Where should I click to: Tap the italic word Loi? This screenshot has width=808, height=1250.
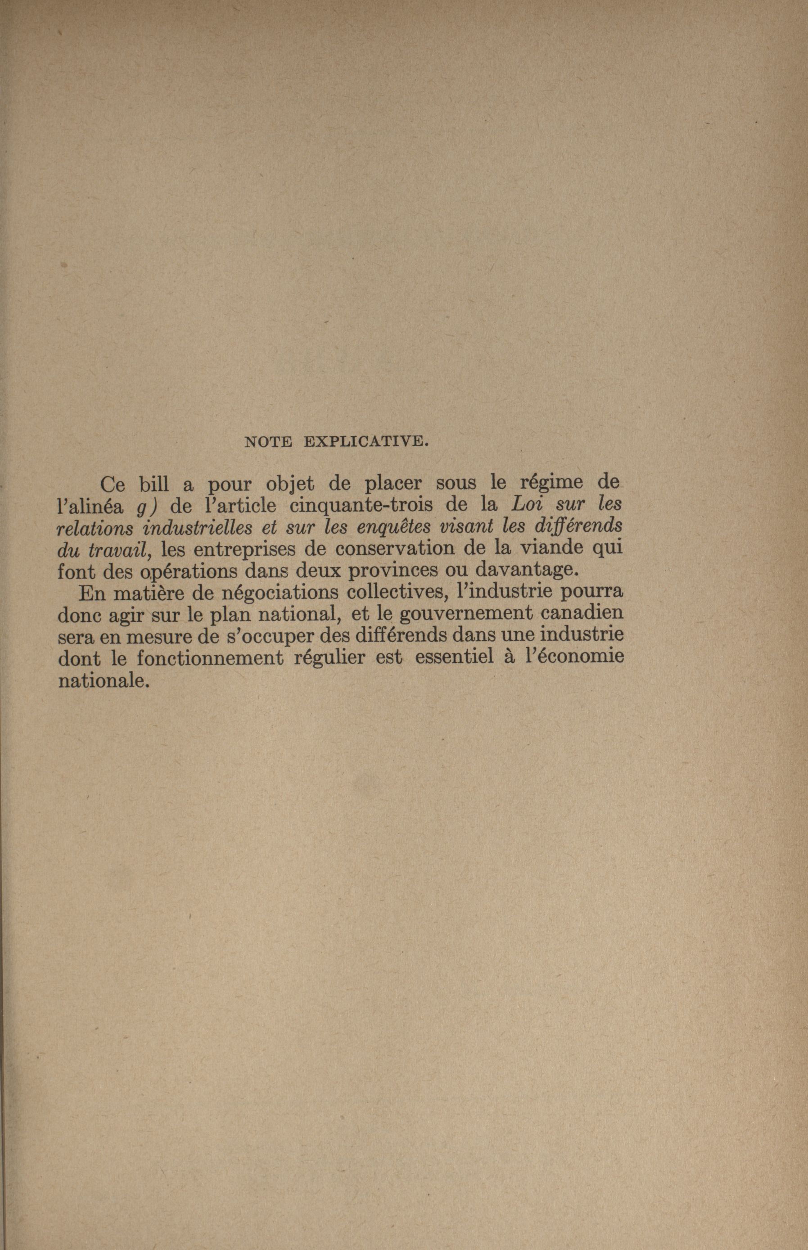(x=530, y=505)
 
